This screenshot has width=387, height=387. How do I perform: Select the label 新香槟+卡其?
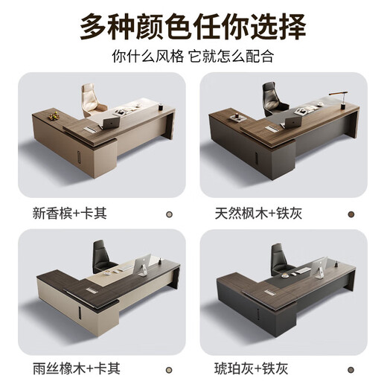click(65, 213)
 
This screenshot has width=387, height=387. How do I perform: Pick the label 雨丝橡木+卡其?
click(65, 369)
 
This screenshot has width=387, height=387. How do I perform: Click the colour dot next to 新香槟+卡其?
click(168, 214)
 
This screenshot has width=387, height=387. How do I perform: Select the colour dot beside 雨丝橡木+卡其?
click(168, 369)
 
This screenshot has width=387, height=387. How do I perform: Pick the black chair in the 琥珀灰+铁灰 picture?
click(280, 257)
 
